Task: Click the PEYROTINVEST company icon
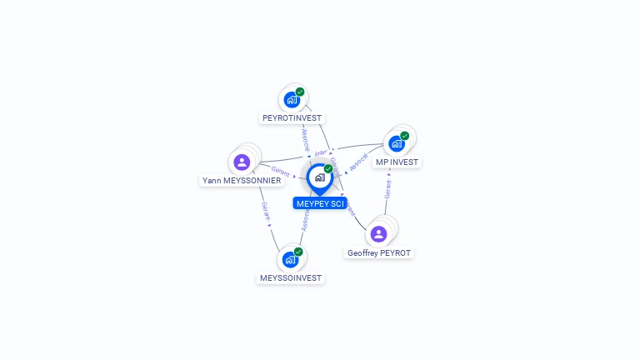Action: point(291,100)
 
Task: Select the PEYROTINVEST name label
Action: point(292,118)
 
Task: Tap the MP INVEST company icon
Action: point(397,143)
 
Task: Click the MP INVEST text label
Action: point(397,162)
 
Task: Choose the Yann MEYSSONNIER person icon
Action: point(242,162)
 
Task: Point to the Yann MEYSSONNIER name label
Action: point(242,180)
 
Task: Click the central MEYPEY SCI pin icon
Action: point(318,177)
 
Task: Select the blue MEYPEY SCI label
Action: point(320,203)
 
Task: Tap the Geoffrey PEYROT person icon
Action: point(378,233)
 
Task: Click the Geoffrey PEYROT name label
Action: point(379,252)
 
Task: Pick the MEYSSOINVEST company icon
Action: point(290,259)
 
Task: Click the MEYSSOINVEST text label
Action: point(290,277)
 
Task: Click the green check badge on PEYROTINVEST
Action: point(300,92)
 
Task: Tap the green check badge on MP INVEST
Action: point(405,136)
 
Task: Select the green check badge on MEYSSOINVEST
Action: point(298,252)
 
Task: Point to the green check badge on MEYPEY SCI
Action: point(328,169)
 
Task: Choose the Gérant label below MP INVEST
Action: point(387,189)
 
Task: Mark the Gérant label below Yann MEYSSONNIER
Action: point(265,212)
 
